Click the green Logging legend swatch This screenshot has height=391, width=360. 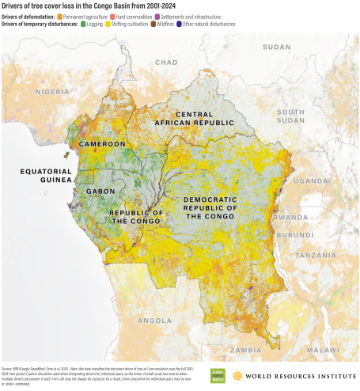point(81,24)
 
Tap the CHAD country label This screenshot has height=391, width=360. point(166,61)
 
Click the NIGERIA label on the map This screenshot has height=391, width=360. point(53,91)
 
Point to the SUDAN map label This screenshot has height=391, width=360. point(276,47)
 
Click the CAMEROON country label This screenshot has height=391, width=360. point(102,144)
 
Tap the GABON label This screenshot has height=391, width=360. point(101,191)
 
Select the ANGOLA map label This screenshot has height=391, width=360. point(155,321)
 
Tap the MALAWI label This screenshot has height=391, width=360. point(324,349)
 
